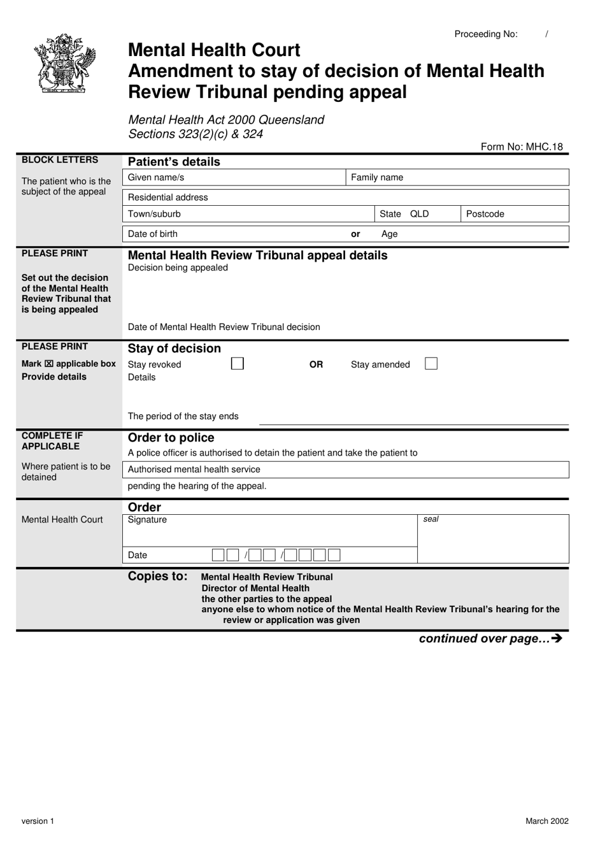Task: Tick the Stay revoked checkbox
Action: pos(238,364)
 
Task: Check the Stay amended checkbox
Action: pos(431,364)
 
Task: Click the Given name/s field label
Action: pos(156,178)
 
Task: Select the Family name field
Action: pos(457,178)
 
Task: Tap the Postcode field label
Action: pos(485,214)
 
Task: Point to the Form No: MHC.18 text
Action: pos(522,147)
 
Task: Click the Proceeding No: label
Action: pos(486,34)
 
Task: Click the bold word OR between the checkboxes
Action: pos(316,364)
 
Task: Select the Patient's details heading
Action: pos(174,162)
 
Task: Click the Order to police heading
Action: pos(171,438)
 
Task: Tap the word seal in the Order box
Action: pos(431,519)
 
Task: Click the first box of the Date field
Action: pos(218,555)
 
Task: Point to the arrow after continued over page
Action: pos(558,638)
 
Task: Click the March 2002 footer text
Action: pos(546,821)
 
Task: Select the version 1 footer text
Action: pos(38,821)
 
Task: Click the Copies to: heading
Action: pos(157,577)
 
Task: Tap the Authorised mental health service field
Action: pos(345,470)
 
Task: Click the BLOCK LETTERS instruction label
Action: pos(60,160)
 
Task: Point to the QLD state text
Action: pos(420,214)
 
